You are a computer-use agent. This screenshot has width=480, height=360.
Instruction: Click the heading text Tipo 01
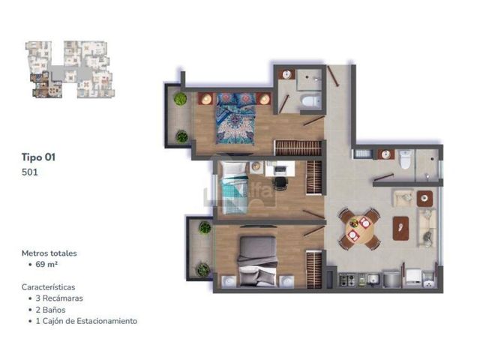click(38, 157)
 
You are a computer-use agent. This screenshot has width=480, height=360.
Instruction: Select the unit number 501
click(30, 172)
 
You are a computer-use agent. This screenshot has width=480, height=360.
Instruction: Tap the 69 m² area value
click(46, 264)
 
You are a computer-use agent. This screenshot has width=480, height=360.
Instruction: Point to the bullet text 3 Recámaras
click(59, 298)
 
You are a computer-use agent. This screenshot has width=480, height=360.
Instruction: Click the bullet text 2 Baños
click(50, 310)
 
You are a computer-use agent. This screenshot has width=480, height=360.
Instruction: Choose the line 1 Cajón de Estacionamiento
click(86, 321)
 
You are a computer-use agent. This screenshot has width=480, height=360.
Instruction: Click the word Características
click(48, 287)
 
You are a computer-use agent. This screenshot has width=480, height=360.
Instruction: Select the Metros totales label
click(49, 253)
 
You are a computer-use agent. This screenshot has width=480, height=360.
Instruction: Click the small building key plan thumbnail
click(70, 70)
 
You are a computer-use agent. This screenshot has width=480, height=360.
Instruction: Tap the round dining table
click(359, 229)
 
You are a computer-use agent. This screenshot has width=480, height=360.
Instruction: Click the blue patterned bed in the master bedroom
click(235, 118)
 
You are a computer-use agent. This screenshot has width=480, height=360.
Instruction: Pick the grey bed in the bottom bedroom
click(257, 261)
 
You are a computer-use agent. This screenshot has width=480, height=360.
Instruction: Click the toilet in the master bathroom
click(310, 100)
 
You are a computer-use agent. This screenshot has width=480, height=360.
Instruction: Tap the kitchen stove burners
click(347, 280)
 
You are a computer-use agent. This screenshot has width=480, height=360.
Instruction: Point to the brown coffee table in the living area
click(400, 228)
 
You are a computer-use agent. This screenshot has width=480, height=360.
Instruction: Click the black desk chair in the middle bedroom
click(280, 183)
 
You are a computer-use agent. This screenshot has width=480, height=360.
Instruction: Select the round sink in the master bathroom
click(286, 74)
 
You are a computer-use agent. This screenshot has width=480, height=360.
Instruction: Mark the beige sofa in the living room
click(427, 228)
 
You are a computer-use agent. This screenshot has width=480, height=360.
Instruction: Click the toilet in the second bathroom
click(405, 160)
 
